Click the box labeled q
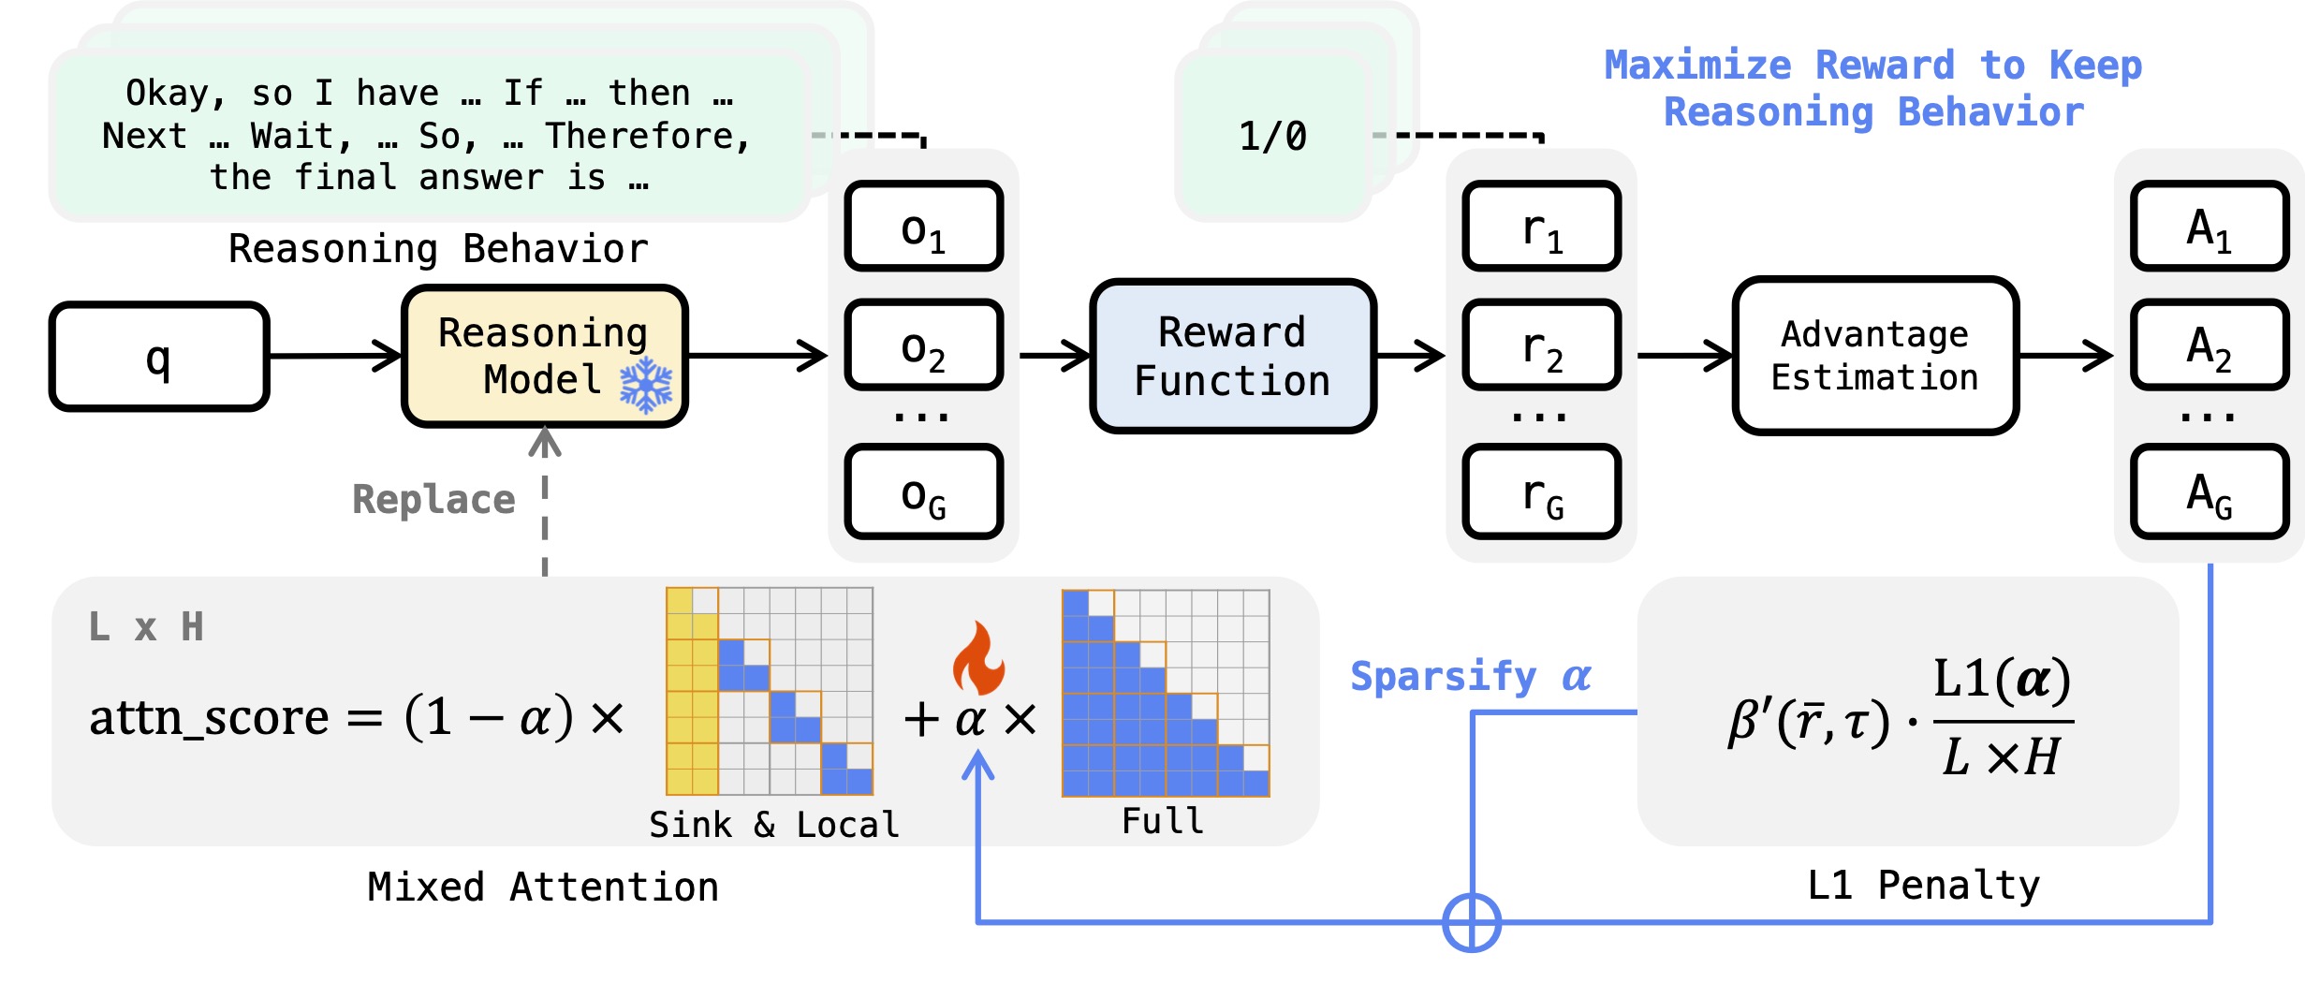click(159, 357)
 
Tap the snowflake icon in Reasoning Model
click(646, 385)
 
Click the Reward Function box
click(1232, 357)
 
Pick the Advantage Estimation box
click(1874, 357)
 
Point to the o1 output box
click(923, 227)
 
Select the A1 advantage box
click(2209, 227)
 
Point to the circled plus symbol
click(1472, 923)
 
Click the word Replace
click(433, 500)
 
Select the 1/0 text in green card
click(1272, 137)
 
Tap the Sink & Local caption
click(773, 825)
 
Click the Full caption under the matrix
click(1163, 821)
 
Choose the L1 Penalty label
click(1923, 886)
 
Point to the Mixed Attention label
click(543, 888)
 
